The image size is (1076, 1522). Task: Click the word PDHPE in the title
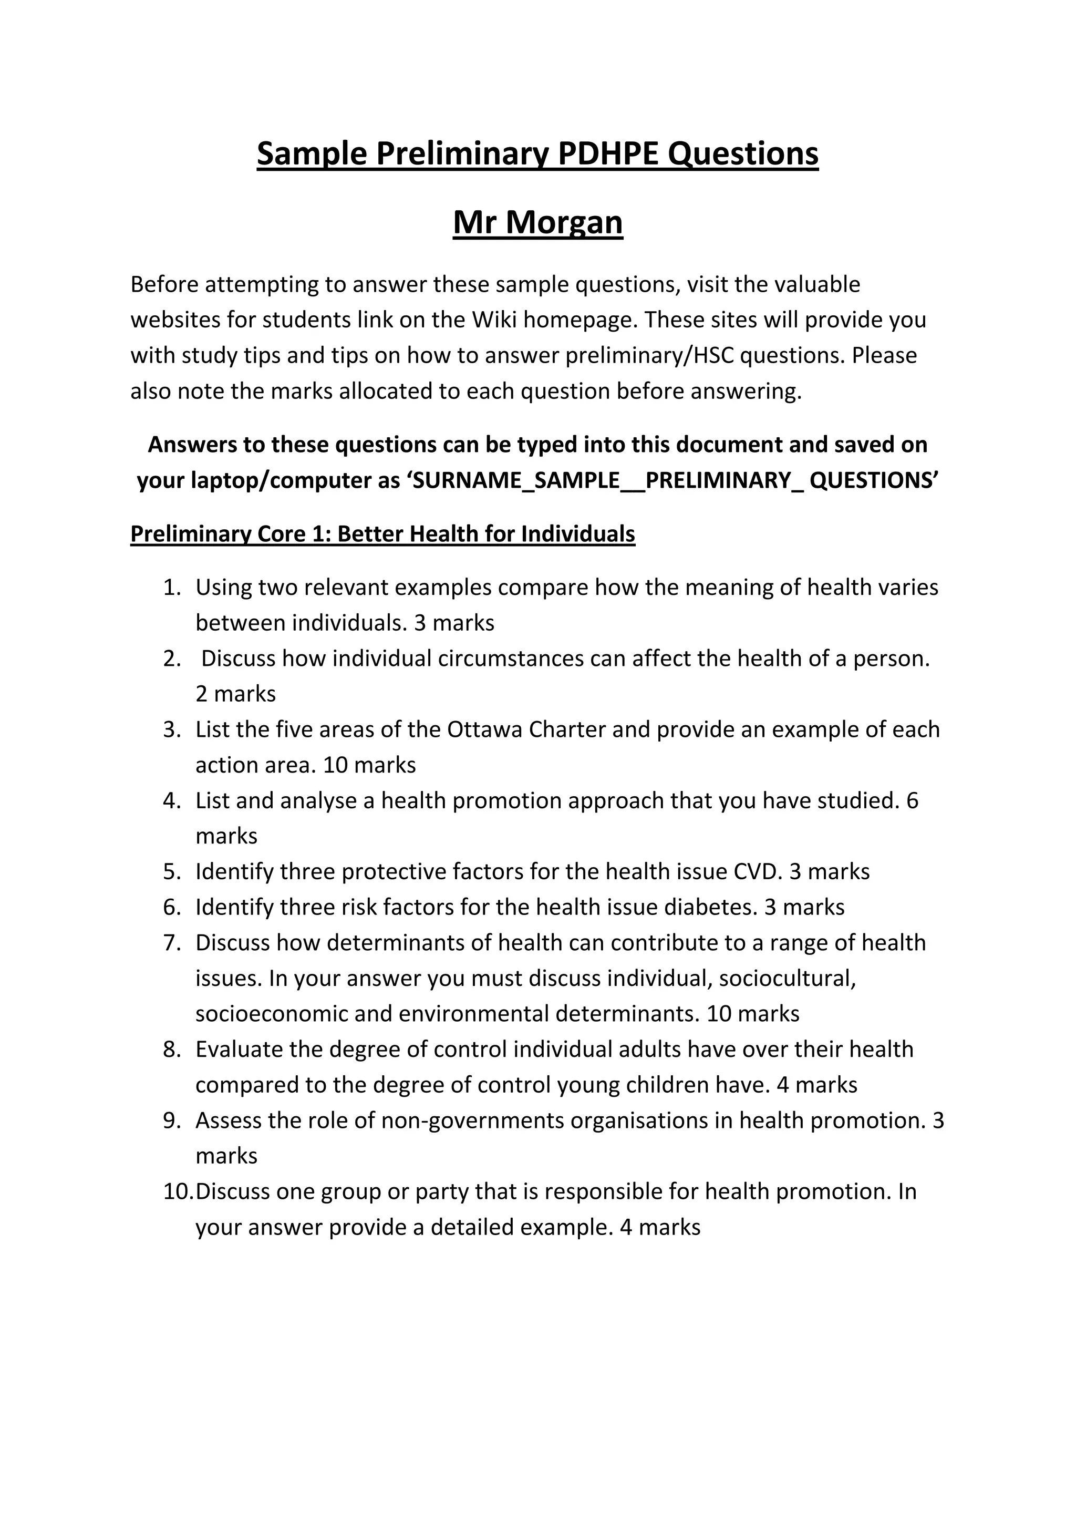click(x=609, y=154)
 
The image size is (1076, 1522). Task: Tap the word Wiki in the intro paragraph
click(x=495, y=320)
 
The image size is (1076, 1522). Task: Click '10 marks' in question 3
click(x=369, y=766)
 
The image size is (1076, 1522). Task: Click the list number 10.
click(x=178, y=1192)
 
